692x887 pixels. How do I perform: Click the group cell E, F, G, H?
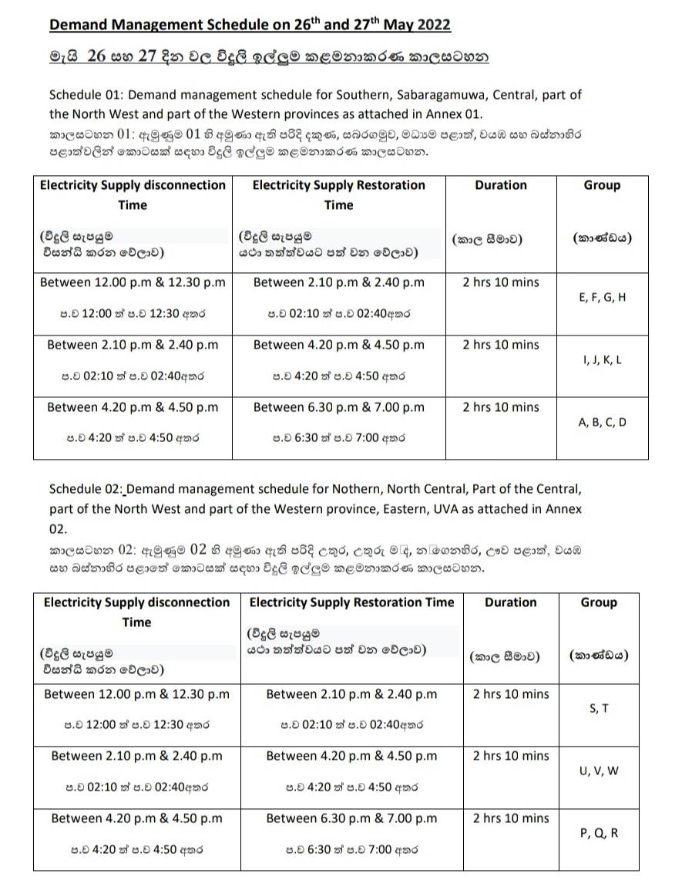(602, 298)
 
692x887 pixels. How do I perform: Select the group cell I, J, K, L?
(602, 360)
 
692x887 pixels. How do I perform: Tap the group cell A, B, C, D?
(602, 422)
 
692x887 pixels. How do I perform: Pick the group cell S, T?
(598, 708)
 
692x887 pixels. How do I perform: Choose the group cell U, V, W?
(598, 771)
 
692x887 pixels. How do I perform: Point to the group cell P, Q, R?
(598, 833)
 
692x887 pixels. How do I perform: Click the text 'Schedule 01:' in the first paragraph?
(86, 95)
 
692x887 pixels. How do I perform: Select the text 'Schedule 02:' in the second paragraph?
(86, 489)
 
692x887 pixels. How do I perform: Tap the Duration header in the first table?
(501, 185)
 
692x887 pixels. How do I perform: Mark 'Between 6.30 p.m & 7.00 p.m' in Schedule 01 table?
(338, 407)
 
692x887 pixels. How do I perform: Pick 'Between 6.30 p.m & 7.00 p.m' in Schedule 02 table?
(351, 818)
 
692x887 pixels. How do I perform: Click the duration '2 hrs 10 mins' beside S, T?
(511, 694)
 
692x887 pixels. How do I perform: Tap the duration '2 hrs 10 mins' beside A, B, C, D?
(501, 407)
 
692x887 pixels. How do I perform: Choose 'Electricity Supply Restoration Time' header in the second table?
(351, 602)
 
